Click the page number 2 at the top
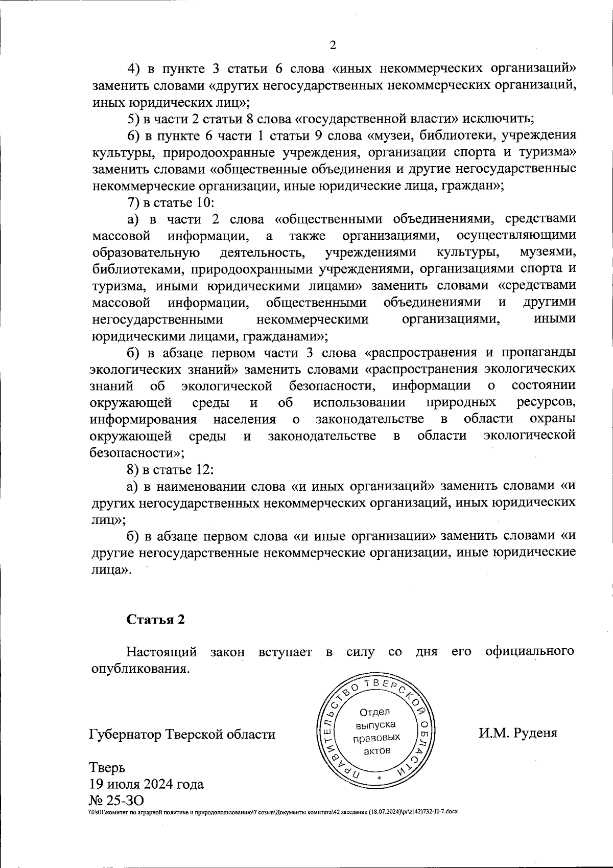333,46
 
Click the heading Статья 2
155,620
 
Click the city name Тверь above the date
107,768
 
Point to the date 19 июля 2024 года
147,784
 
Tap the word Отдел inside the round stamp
375,712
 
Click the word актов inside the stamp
377,750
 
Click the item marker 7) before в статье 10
133,202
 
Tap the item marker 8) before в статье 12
133,469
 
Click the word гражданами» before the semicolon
284,336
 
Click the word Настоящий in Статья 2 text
162,652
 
